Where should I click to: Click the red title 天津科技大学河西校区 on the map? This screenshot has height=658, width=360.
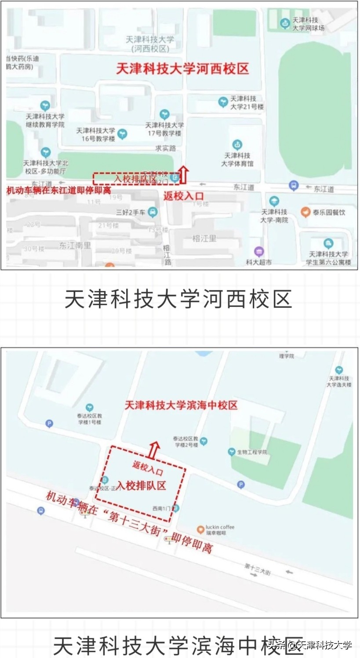(x=182, y=69)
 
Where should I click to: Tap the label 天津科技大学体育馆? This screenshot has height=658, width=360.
(x=237, y=159)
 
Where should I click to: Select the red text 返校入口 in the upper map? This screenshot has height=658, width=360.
(x=183, y=196)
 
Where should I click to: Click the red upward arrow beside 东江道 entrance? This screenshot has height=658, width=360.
(x=184, y=175)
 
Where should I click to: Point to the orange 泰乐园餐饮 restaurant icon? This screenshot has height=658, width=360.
(x=305, y=212)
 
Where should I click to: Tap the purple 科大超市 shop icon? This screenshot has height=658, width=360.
(x=259, y=252)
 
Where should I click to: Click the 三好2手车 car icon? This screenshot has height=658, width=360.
(x=153, y=212)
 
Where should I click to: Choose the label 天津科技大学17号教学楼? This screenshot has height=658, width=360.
(x=164, y=129)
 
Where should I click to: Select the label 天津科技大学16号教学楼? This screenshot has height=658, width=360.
(x=95, y=135)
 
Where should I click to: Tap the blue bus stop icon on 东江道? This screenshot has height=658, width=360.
(x=294, y=186)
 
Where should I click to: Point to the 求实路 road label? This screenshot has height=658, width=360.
(x=166, y=148)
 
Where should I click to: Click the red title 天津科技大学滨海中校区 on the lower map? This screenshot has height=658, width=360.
(x=181, y=405)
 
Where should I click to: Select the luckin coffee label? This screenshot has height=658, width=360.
(x=220, y=530)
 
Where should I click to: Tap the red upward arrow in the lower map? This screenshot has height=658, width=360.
(x=153, y=450)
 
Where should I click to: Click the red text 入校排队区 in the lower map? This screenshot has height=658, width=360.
(x=141, y=486)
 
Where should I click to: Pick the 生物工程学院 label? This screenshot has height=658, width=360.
(x=252, y=452)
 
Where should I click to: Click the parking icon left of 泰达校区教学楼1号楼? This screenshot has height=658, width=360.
(x=49, y=424)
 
